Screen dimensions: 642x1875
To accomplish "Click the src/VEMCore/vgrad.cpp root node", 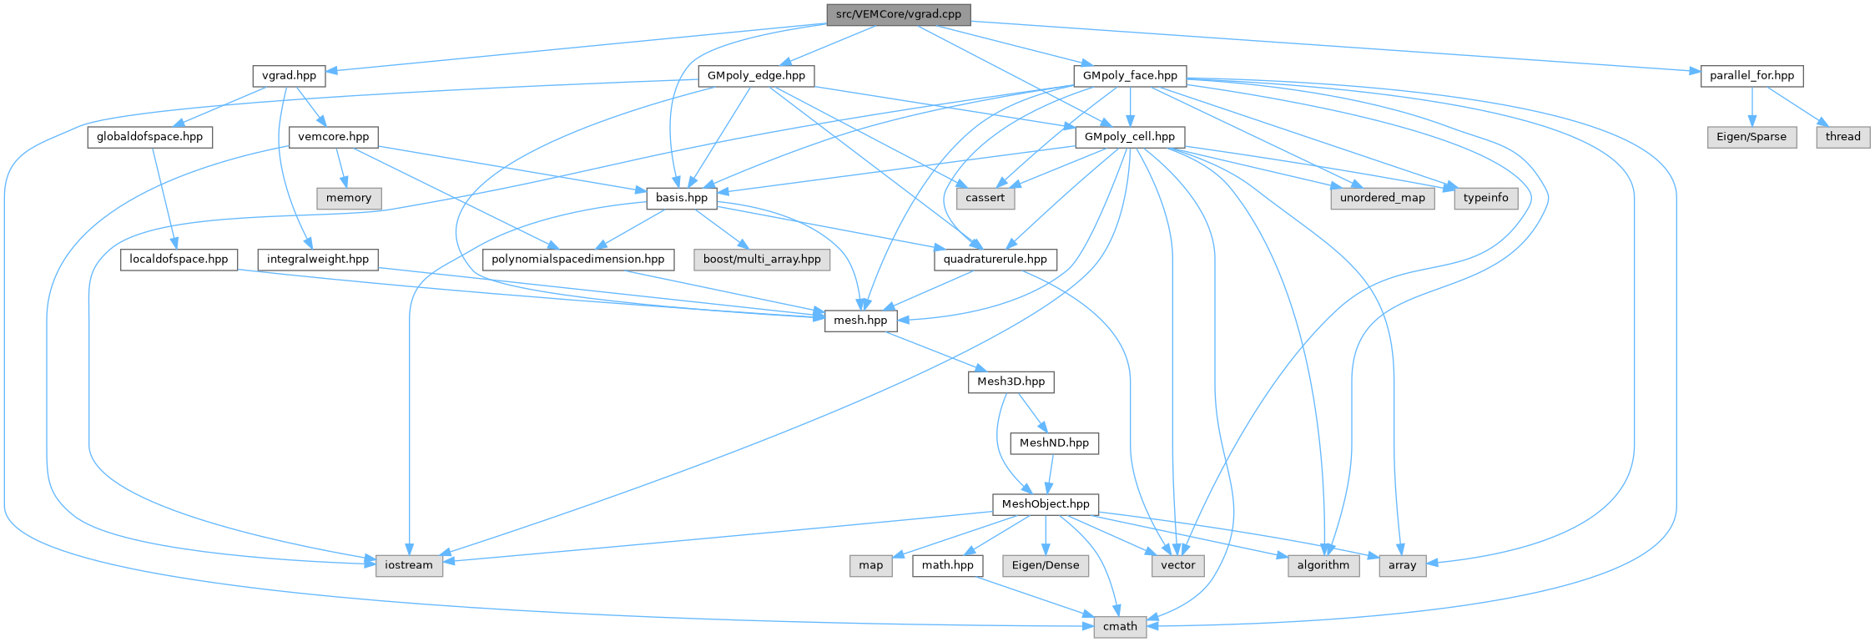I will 898,14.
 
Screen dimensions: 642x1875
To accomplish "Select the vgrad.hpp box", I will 289,76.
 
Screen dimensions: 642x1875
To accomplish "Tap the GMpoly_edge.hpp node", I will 755,76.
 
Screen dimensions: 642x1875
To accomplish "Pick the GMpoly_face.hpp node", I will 1129,76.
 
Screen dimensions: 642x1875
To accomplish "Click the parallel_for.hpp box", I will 1752,76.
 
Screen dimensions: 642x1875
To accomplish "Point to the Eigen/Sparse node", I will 1751,137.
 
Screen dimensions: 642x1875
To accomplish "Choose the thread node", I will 1842,137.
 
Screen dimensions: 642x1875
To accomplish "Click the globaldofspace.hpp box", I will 149,137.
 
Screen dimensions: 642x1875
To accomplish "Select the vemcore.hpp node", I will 333,137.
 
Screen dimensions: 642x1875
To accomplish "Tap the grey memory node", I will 348,198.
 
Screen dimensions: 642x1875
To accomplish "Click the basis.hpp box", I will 681,198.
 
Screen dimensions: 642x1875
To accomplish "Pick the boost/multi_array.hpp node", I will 761,260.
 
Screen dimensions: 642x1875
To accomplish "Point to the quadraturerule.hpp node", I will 995,260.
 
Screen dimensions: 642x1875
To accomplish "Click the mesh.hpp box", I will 860,321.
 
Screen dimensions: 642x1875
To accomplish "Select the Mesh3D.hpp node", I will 1011,382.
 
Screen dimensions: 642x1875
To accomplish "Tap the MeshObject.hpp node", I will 1045,504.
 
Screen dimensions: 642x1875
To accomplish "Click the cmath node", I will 1120,627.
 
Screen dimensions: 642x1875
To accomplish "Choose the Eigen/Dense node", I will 1045,565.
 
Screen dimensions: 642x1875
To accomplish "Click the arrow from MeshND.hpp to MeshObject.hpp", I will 1050,474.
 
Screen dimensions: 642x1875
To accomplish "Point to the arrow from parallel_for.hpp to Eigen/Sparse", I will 1752,106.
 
